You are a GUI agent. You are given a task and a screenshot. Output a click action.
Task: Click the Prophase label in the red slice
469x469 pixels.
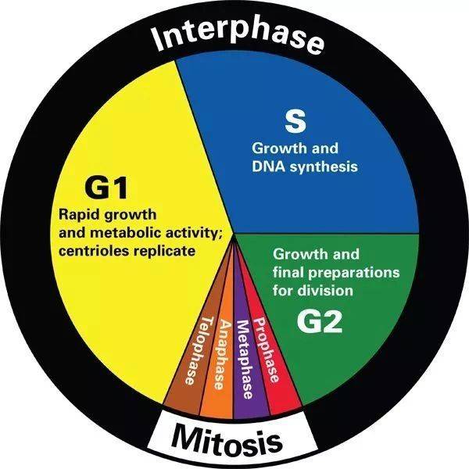tap(268, 347)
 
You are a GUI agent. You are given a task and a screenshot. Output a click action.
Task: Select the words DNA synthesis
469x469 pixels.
tap(304, 166)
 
